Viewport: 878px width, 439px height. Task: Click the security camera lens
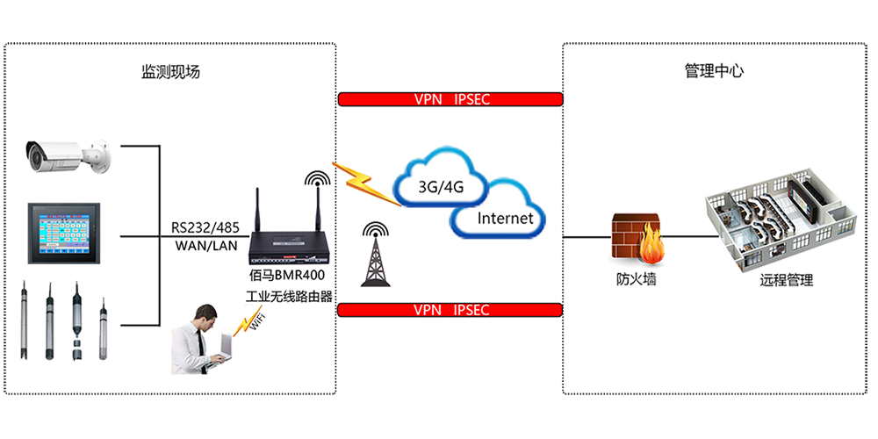37,157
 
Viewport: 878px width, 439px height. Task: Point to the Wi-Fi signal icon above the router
314,180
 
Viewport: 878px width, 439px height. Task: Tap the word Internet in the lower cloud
505,218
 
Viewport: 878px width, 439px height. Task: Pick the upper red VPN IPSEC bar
450,99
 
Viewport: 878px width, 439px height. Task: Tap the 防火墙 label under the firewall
636,281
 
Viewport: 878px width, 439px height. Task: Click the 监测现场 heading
170,71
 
